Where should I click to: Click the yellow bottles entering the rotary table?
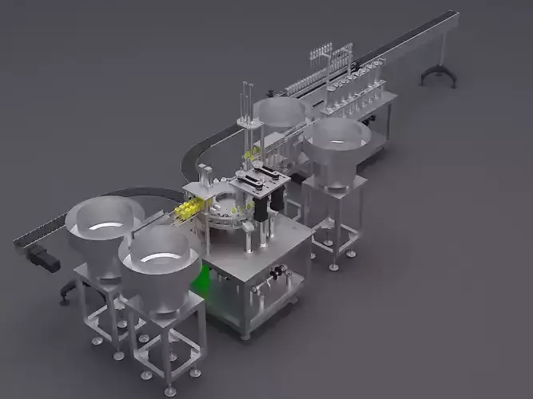point(185,210)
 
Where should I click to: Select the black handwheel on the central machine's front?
point(277,276)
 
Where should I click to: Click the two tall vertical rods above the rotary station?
point(243,104)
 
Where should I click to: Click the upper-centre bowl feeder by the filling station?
point(280,115)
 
